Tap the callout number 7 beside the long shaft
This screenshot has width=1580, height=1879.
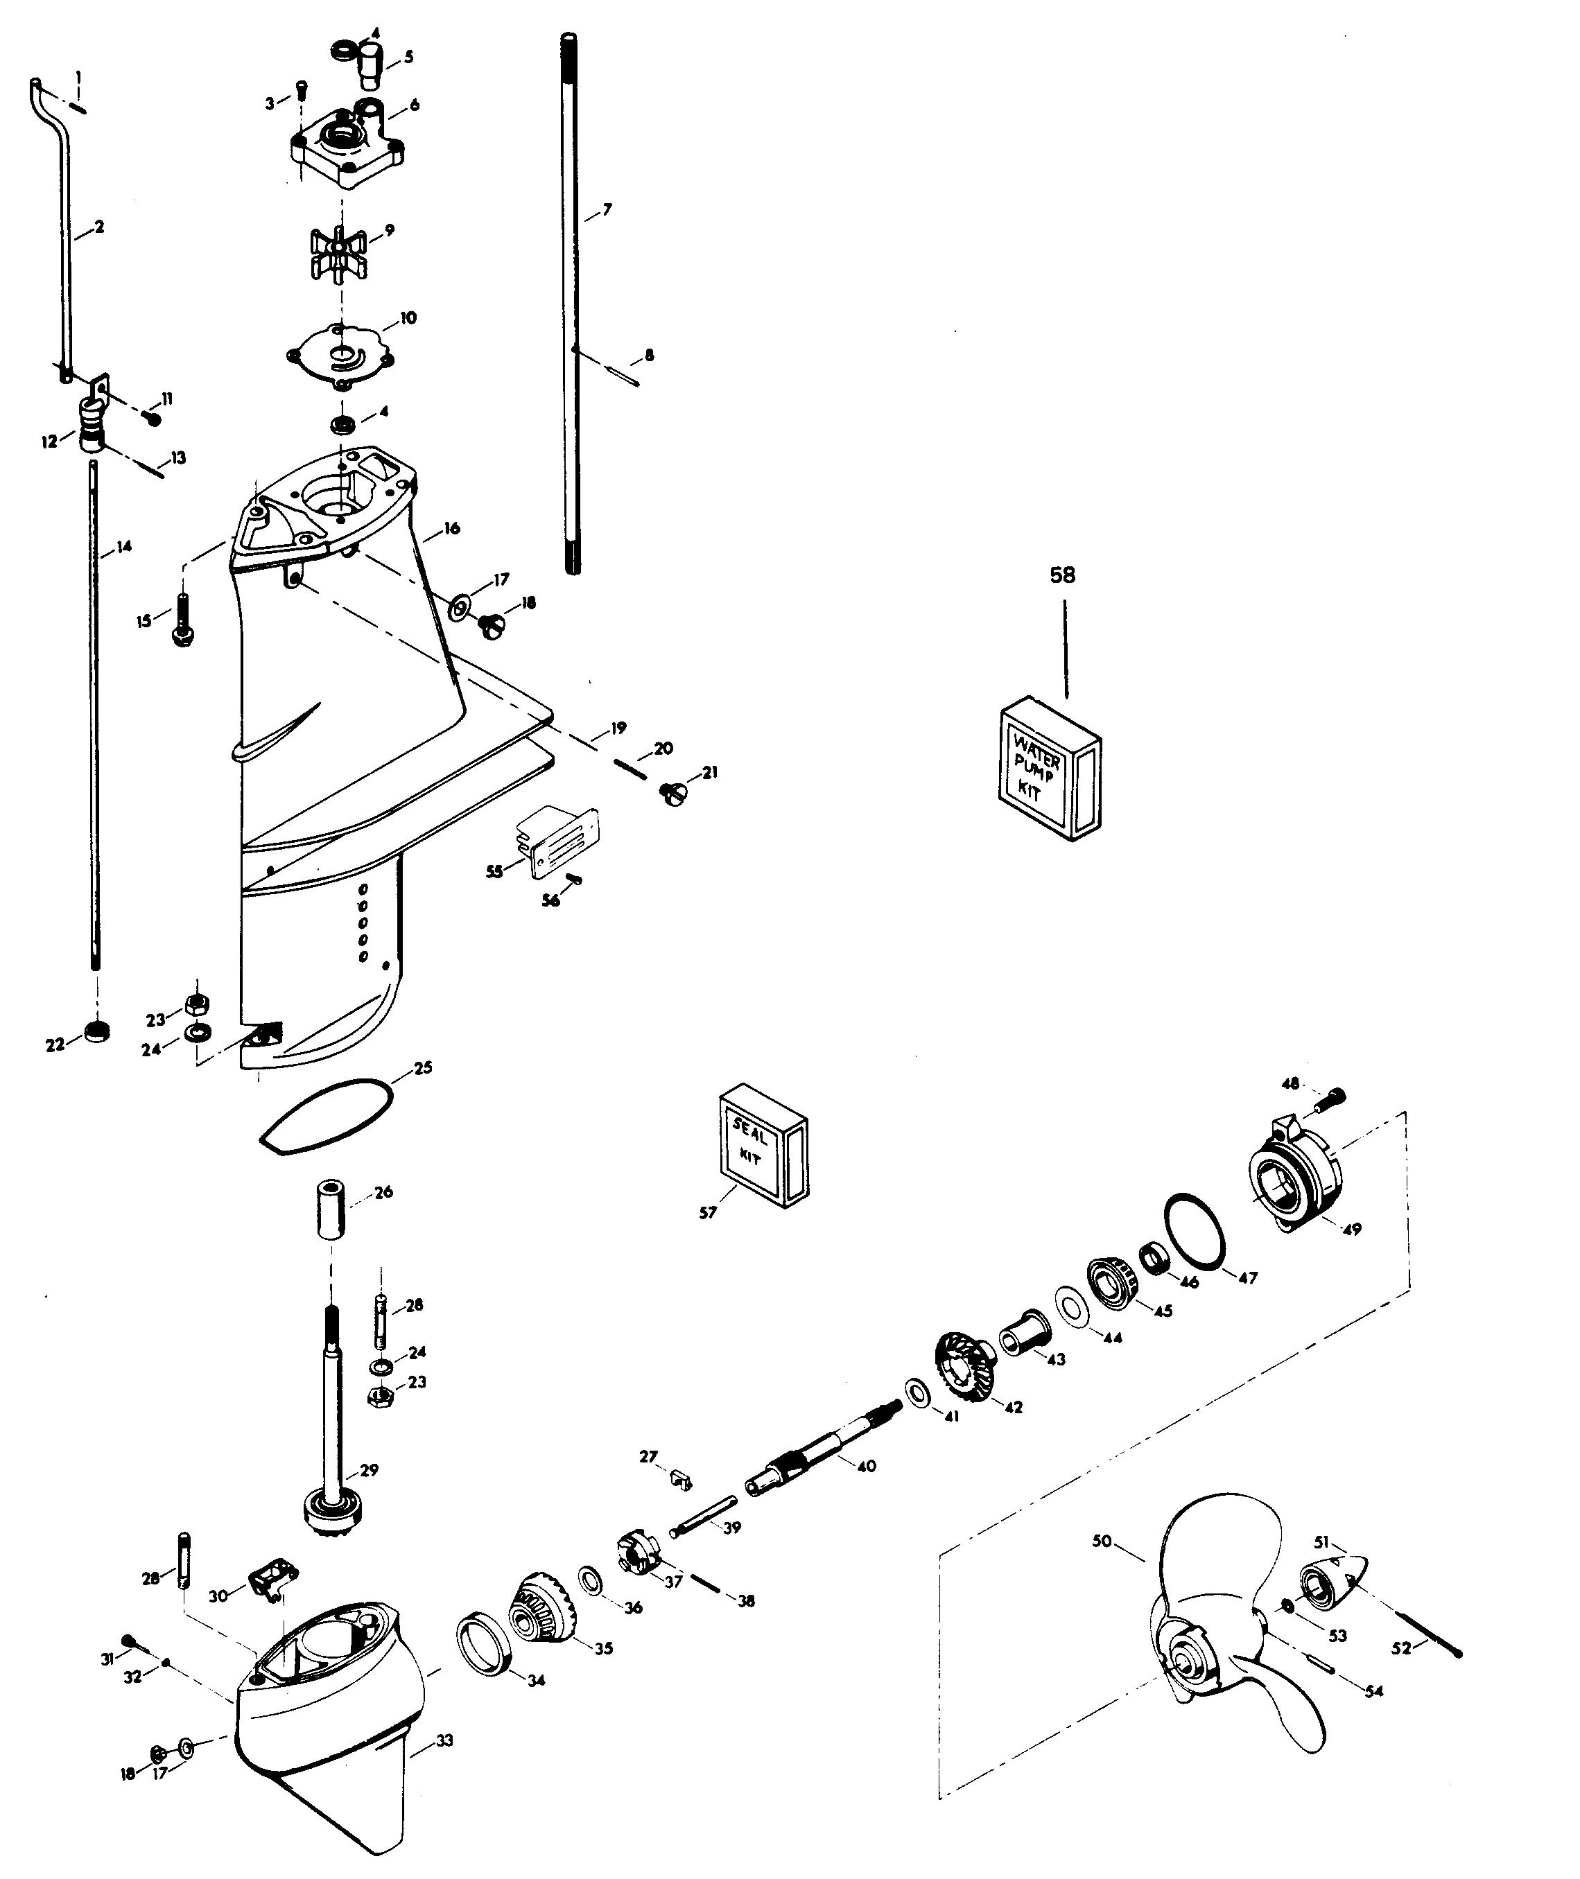click(607, 209)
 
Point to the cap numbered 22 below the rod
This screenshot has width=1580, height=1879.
click(97, 1032)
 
